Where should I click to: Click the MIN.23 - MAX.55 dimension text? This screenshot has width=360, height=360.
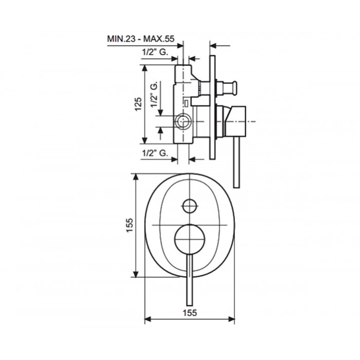(141, 39)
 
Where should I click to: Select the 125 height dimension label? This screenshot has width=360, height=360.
(138, 104)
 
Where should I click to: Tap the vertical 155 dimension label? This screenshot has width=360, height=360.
(130, 225)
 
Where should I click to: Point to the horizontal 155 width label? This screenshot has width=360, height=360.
(190, 313)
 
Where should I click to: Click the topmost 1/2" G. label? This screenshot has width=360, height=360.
(155, 52)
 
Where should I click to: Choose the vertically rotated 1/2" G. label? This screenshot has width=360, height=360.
(154, 94)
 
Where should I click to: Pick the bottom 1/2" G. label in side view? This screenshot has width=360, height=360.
(155, 153)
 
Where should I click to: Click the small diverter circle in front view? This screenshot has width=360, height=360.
(190, 206)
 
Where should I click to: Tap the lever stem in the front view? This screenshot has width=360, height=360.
(190, 280)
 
